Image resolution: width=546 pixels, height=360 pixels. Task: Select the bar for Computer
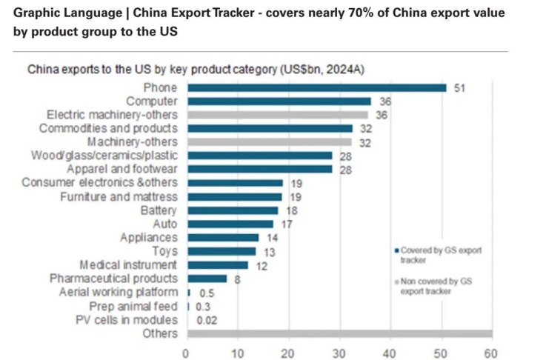click(279, 101)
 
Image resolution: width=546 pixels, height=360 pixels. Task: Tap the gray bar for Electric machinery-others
click(278, 115)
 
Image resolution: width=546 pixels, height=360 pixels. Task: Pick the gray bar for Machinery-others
click(270, 142)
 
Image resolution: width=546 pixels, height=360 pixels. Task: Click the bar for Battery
click(233, 210)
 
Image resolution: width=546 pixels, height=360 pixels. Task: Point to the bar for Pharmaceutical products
click(197, 279)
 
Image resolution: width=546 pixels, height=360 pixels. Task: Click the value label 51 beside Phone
click(459, 87)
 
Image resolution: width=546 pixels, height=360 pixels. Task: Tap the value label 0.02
click(207, 320)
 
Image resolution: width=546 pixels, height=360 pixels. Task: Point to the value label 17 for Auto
click(287, 224)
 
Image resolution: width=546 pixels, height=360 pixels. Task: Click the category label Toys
click(164, 251)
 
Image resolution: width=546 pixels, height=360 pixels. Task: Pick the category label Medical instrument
click(128, 264)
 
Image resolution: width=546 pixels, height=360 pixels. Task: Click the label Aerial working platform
click(118, 292)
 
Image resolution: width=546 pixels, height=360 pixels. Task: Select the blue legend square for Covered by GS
click(397, 251)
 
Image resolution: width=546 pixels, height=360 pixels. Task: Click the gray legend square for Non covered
click(397, 283)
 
